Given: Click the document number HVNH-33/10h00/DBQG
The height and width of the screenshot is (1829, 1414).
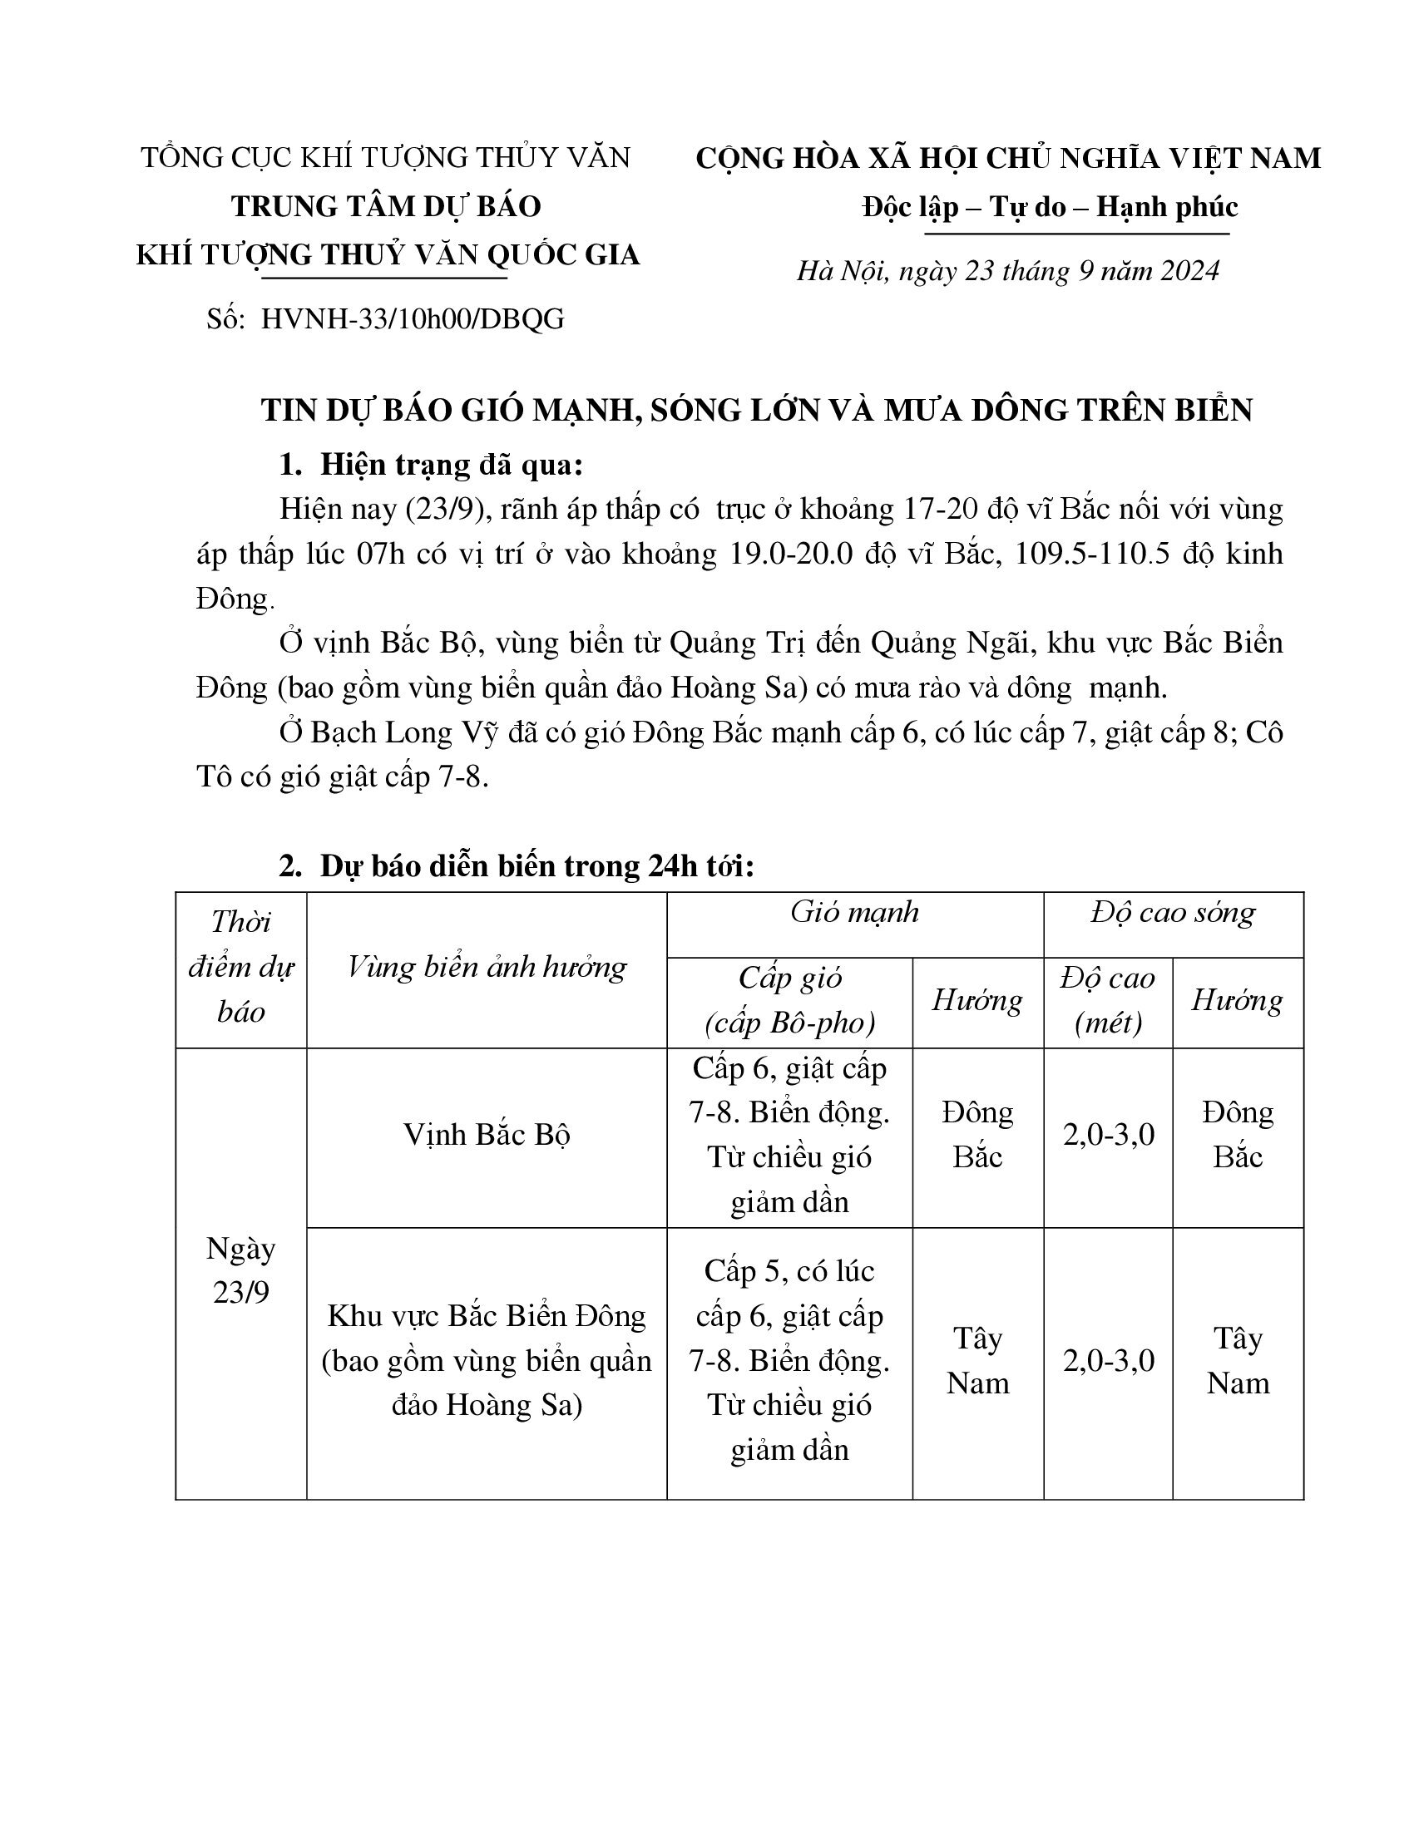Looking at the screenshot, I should (412, 319).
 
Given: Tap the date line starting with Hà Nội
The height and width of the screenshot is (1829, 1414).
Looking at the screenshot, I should (1008, 271).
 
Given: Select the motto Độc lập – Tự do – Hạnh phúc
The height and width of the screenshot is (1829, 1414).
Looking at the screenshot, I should (1050, 207).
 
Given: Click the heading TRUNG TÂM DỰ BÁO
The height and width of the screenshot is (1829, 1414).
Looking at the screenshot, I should (386, 206).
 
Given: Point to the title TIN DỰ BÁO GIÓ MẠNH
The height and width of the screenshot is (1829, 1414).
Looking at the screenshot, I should (756, 410).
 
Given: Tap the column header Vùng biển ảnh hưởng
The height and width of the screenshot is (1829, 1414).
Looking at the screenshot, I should (487, 968).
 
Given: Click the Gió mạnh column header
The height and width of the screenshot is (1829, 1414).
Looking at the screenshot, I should (854, 912).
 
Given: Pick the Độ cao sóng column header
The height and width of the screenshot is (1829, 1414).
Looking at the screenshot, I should (1173, 912).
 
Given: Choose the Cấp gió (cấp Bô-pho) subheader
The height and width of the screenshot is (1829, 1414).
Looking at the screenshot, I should (789, 1001).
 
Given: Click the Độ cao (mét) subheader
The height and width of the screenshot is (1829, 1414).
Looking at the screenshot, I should (1107, 1001).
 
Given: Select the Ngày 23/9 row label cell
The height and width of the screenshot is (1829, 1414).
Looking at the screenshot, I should (240, 1270).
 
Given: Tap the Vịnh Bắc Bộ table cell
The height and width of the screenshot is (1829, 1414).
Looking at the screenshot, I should (487, 1135).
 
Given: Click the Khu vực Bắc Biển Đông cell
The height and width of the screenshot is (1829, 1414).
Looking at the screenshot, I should (487, 1360).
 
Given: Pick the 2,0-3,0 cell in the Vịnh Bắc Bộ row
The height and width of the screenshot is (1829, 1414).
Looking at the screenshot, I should (1107, 1135).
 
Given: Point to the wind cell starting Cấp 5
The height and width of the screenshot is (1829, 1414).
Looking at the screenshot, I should (789, 1360).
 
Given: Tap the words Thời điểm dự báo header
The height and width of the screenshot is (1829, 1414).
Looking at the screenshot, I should (240, 967).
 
